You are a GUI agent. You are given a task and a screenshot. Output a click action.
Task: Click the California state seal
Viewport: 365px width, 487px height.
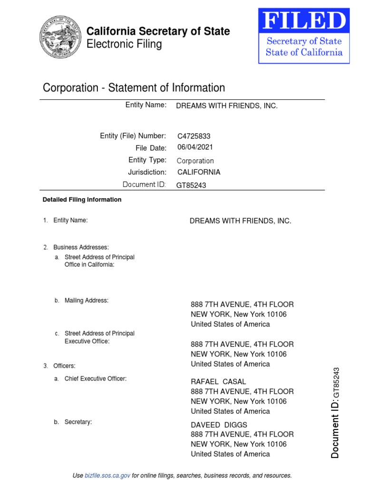59,37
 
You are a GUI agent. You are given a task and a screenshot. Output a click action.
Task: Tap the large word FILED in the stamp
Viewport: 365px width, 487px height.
304,22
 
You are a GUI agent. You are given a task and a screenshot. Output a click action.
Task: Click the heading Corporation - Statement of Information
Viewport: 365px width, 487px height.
134,88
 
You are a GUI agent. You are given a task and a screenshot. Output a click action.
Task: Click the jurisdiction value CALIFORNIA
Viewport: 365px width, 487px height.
199,172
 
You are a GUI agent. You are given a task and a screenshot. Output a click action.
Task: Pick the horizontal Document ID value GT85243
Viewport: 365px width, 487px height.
191,185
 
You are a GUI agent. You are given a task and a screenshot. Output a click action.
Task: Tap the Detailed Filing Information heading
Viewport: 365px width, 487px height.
82,200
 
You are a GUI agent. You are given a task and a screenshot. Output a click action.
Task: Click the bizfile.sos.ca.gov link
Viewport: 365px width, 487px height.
107,476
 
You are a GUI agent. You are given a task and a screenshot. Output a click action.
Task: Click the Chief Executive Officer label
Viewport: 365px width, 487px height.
96,379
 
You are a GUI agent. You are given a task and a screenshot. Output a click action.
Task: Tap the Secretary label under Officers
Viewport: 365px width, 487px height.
78,422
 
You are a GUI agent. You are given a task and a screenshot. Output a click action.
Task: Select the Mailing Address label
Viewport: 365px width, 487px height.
86,301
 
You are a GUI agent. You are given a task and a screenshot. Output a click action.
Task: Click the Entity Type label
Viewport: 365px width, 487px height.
147,160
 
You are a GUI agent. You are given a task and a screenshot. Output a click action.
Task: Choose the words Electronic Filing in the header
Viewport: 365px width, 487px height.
124,45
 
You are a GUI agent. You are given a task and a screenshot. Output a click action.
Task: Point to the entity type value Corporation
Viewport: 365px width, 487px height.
195,161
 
